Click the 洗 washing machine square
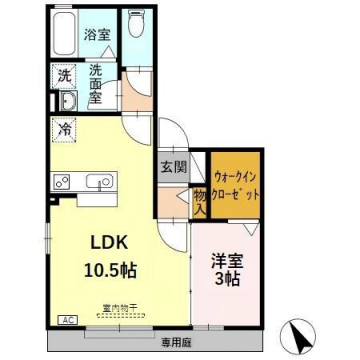pyautogui.click(x=63, y=75)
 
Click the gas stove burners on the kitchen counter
pyautogui.click(x=59, y=181)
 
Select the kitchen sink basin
pyautogui.click(x=100, y=182)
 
